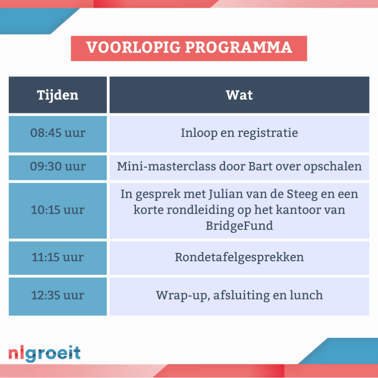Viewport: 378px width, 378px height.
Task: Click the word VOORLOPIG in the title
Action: tap(134, 47)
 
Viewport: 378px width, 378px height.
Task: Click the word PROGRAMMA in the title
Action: tap(239, 47)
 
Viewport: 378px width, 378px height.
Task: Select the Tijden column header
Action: tap(58, 95)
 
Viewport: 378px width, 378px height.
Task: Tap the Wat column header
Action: tap(239, 95)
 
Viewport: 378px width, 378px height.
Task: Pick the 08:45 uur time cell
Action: tap(58, 134)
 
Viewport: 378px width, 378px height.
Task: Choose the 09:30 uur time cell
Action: tap(58, 168)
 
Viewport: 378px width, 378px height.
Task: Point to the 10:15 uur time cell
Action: tap(58, 211)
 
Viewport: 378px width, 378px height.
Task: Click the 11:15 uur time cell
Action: tap(58, 258)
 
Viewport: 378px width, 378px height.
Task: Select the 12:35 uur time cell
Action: tap(58, 297)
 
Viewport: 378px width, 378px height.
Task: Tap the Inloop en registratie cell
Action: tap(239, 134)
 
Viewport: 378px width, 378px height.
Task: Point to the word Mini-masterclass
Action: tap(166, 166)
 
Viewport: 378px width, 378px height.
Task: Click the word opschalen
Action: tap(333, 167)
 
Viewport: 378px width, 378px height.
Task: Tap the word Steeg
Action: tap(302, 194)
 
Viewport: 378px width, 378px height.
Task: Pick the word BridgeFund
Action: tap(239, 226)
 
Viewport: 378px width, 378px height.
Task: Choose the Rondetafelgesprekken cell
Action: tap(239, 258)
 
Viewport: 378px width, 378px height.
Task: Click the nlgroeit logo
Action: tap(45, 353)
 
